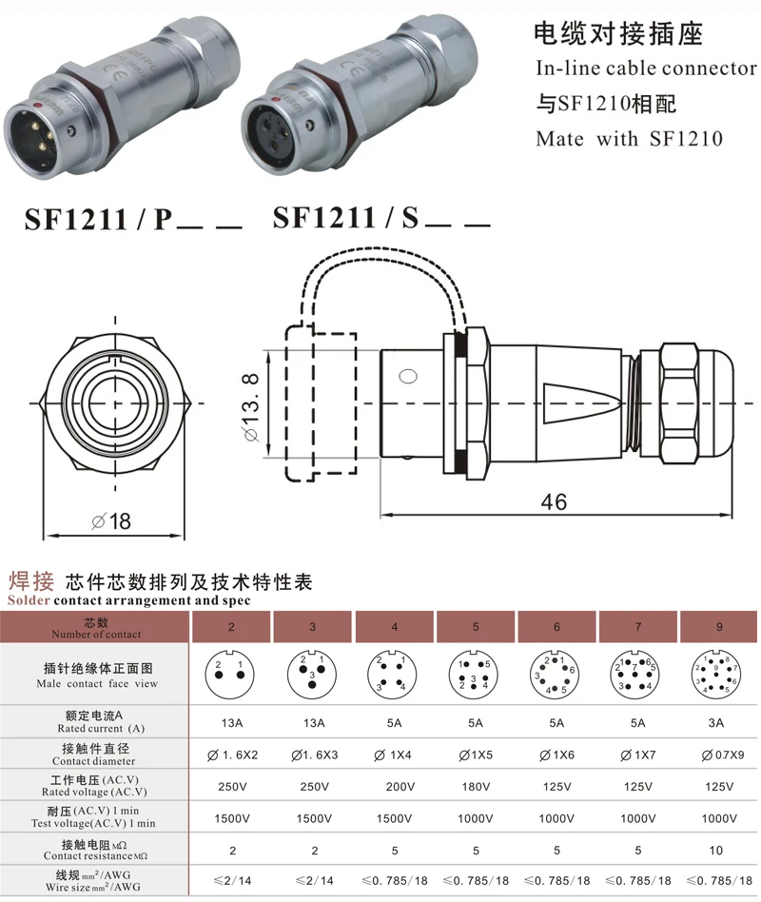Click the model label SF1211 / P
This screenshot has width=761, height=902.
[98, 219]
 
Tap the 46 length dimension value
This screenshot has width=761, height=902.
[554, 501]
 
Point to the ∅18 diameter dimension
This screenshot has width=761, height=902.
[111, 521]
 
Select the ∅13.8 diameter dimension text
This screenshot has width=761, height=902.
[251, 407]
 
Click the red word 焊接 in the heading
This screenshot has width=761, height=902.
[31, 581]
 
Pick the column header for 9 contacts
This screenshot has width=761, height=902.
[719, 627]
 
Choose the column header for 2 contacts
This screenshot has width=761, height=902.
[231, 627]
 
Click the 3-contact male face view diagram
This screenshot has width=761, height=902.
[312, 675]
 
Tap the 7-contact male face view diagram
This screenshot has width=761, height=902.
[635, 675]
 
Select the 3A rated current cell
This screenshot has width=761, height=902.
[716, 723]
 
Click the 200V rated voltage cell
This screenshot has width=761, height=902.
[400, 786]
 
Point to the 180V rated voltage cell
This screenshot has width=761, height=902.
[476, 786]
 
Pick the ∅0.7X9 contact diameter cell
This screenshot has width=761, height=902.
[722, 755]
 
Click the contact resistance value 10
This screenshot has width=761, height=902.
[716, 851]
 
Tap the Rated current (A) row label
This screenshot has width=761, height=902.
[101, 728]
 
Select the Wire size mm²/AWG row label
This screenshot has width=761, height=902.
[93, 887]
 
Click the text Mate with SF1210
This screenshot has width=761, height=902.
[630, 139]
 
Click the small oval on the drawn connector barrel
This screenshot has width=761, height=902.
[408, 377]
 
